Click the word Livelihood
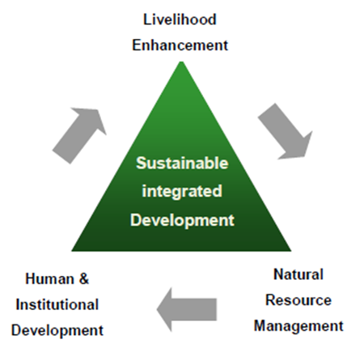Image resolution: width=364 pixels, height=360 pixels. [x=180, y=19]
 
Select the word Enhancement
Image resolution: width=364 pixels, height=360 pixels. [x=180, y=45]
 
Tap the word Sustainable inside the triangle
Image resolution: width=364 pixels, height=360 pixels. [x=182, y=163]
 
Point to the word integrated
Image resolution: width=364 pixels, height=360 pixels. [x=182, y=192]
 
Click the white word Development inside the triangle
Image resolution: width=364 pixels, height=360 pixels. [x=182, y=220]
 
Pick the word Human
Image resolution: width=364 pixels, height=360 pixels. [x=49, y=278]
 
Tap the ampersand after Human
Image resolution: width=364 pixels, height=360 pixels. [x=84, y=278]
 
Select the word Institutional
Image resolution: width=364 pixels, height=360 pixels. [x=57, y=304]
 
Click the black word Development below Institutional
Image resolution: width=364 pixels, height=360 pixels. [x=57, y=331]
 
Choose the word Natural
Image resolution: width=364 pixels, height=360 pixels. [x=298, y=274]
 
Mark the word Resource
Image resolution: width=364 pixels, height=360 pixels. [x=298, y=300]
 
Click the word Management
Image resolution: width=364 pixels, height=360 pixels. [x=298, y=326]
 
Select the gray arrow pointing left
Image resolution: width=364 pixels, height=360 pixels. [x=187, y=309]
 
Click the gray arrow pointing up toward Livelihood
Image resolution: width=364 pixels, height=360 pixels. [x=79, y=136]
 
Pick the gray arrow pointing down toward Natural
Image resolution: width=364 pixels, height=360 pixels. [x=286, y=131]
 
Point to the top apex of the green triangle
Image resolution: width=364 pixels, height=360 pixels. [x=181, y=61]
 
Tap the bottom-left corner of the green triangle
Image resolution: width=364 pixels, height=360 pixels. [x=71, y=251]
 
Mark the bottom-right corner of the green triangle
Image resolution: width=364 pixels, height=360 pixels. [x=291, y=251]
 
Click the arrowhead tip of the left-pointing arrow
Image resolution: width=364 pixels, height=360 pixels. [x=157, y=310]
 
